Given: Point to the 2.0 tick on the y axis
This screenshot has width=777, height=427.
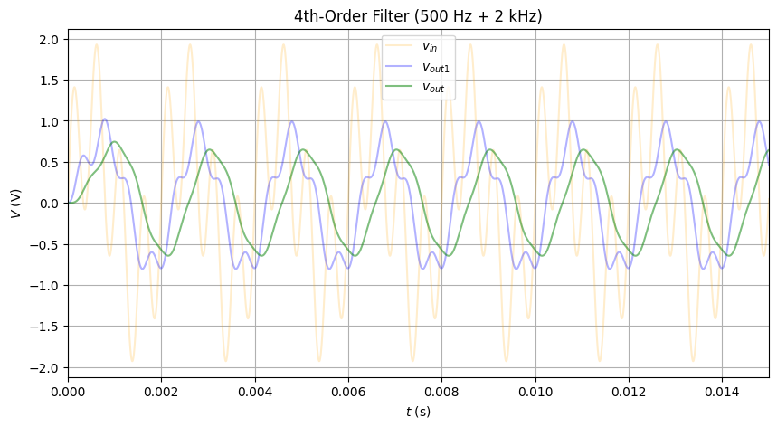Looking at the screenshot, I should tap(50, 40).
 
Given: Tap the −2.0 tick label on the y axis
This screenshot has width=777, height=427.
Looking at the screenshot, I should tap(46, 367).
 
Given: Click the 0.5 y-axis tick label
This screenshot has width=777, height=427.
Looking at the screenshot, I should tap(50, 163).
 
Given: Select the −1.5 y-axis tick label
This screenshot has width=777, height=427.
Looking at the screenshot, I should tap(46, 327).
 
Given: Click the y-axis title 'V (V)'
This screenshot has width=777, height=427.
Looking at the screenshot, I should tap(15, 204).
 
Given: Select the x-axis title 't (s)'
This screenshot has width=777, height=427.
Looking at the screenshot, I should tap(418, 413).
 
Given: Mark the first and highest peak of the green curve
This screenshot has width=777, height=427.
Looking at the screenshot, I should tap(115, 142).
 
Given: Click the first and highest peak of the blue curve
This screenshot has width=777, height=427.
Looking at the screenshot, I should tap(105, 119).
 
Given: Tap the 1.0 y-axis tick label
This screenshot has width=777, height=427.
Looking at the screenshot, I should tap(50, 122).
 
